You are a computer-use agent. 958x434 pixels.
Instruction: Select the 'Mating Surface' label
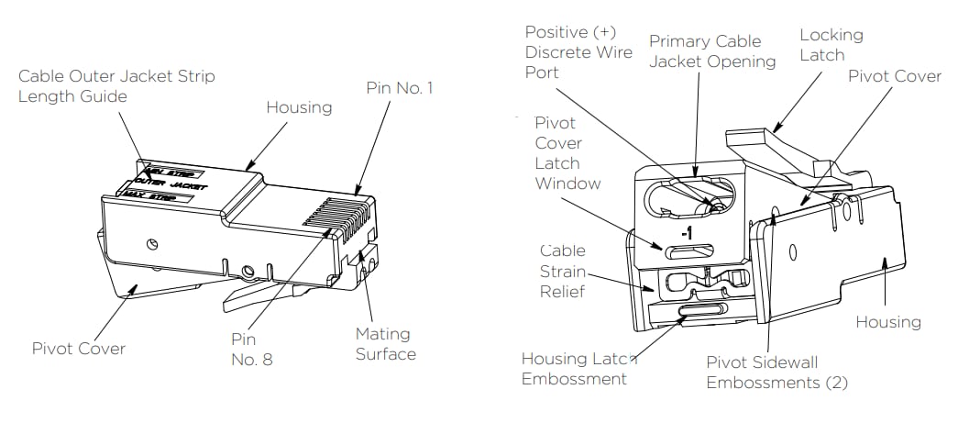(x=384, y=343)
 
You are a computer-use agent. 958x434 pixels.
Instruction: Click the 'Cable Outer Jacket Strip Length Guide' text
(x=116, y=86)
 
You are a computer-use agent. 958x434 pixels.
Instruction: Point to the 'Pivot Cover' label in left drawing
(x=78, y=349)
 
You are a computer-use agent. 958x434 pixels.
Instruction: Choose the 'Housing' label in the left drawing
(x=299, y=107)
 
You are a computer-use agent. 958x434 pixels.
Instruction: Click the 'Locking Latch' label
(x=831, y=45)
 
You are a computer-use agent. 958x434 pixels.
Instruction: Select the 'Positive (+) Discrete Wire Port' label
(x=578, y=52)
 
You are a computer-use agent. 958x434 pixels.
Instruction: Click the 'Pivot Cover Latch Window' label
(x=567, y=153)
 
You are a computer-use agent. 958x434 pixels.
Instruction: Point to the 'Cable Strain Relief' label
(x=562, y=273)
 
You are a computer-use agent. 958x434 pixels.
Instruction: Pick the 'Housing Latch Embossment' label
(x=579, y=368)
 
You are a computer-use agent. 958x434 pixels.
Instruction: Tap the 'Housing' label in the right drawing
(x=887, y=321)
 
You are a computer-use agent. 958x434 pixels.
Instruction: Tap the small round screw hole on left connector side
(x=152, y=242)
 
